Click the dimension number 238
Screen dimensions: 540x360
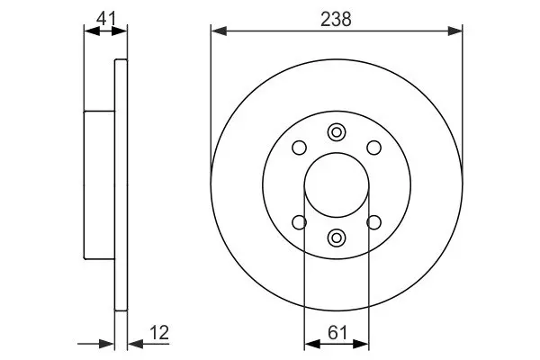click(336, 19)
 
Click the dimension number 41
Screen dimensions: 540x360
click(106, 19)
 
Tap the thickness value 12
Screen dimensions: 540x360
click(159, 333)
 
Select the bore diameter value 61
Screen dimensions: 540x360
click(337, 333)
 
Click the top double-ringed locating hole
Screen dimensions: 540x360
click(337, 132)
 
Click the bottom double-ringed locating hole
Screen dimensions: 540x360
click(337, 238)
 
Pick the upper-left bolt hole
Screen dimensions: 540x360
click(300, 148)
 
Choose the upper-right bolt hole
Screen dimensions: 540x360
click(374, 148)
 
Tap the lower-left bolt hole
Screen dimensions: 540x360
click(300, 222)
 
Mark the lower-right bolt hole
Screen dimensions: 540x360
click(374, 222)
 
